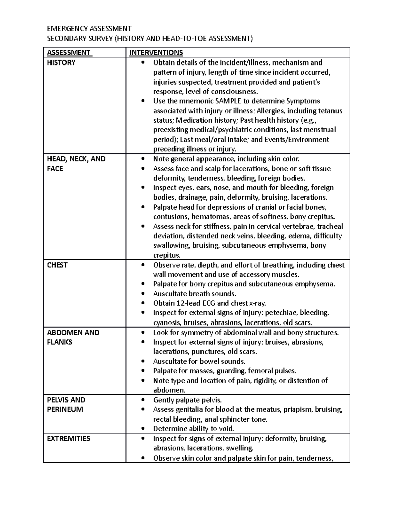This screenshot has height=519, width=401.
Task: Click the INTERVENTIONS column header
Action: tap(156, 53)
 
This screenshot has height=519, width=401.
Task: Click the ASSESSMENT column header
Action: tap(69, 53)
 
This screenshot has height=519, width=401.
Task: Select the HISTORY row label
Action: tap(61, 63)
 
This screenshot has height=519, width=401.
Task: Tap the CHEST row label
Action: tap(57, 265)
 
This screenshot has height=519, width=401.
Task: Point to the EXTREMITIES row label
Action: tap(69, 439)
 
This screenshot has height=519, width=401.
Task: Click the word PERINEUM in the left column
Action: tap(65, 409)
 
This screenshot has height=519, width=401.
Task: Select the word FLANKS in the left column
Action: tap(59, 342)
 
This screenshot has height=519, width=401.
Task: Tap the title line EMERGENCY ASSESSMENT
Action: tap(89, 29)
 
